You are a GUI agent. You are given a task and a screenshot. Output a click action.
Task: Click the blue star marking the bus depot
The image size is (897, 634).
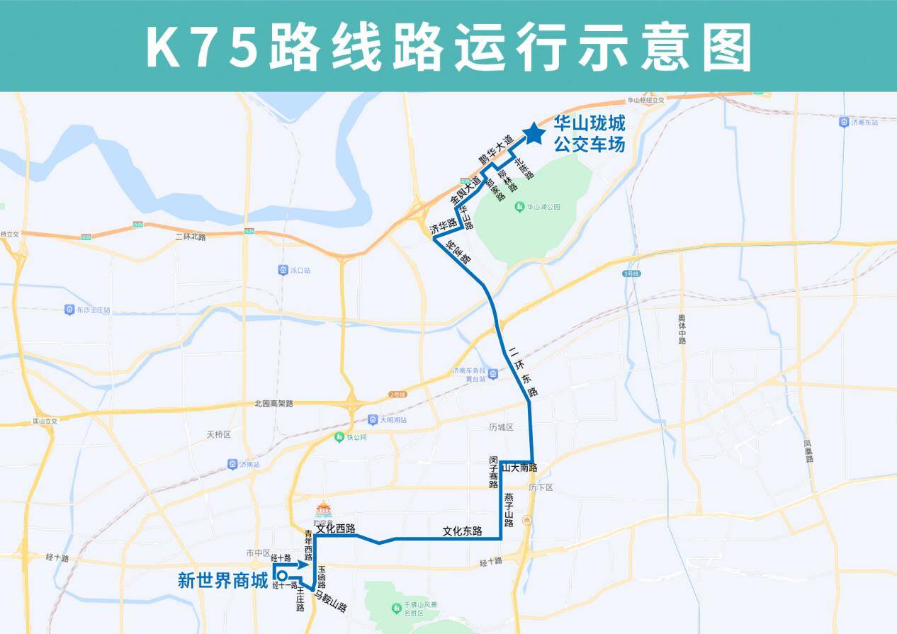tap(534, 132)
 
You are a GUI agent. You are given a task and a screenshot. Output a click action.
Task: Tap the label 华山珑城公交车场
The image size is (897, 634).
tap(589, 135)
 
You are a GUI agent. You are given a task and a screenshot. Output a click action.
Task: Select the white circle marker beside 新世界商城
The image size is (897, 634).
tap(282, 576)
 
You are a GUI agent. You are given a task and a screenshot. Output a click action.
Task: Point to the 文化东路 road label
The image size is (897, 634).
tap(462, 531)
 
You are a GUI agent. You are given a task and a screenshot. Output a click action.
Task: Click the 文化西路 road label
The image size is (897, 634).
tap(335, 528)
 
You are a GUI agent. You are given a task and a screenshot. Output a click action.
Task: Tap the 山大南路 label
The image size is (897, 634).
tap(519, 468)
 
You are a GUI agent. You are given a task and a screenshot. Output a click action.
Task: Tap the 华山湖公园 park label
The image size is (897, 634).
tap(543, 207)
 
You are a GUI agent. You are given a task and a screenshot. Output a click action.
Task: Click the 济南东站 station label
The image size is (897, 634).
tap(864, 122)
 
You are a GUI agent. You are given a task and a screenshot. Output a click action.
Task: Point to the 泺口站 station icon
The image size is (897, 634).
tap(283, 270)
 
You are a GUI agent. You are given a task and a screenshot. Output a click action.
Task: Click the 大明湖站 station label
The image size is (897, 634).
tap(393, 419)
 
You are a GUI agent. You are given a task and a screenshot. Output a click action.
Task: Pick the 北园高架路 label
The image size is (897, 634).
tap(273, 403)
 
